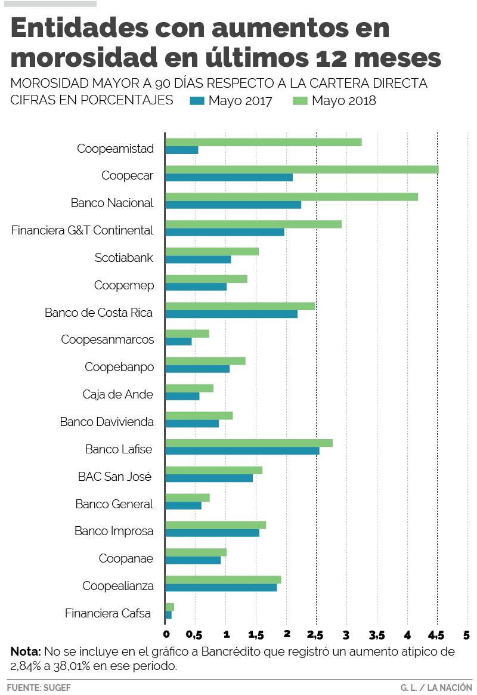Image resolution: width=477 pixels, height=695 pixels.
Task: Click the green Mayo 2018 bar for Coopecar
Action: click(x=301, y=169)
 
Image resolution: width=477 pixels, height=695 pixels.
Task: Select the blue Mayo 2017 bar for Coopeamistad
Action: click(x=181, y=150)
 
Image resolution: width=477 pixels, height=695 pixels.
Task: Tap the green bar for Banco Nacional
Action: click(x=291, y=197)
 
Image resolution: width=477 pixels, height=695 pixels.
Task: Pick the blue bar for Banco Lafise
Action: click(x=242, y=451)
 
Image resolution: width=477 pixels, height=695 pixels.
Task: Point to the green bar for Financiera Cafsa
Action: click(x=169, y=607)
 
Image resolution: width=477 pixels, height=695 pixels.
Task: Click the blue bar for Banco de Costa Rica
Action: click(x=231, y=314)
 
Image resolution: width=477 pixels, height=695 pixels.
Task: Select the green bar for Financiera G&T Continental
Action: click(x=253, y=224)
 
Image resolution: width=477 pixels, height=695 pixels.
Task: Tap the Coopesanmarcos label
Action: click(x=107, y=340)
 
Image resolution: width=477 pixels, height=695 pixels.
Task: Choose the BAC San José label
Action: click(x=114, y=477)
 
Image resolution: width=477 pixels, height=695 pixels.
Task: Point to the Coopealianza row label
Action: click(x=118, y=586)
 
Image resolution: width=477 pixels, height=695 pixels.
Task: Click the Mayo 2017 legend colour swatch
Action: click(x=197, y=101)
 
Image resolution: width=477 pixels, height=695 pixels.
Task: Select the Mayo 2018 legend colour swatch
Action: click(x=300, y=101)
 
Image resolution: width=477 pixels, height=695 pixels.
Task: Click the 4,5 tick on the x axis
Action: click(x=436, y=634)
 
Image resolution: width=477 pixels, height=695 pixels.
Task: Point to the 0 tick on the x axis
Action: click(x=166, y=634)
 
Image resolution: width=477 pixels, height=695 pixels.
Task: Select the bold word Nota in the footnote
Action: click(x=26, y=651)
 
